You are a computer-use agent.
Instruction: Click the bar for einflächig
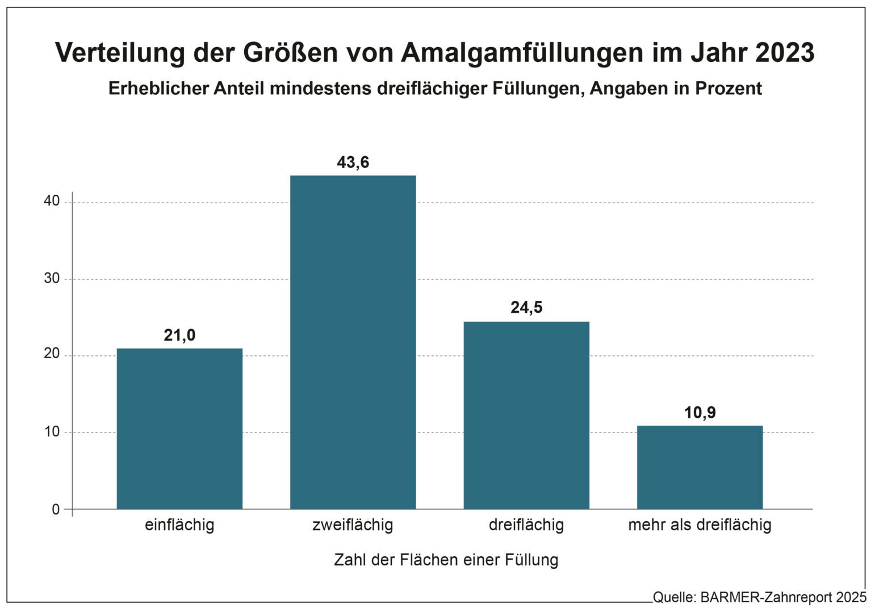click(179, 429)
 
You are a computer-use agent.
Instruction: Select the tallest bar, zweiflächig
click(353, 342)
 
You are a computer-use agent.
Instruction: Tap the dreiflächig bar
click(526, 415)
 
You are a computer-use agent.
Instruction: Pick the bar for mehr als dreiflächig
click(700, 467)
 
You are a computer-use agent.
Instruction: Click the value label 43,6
click(353, 163)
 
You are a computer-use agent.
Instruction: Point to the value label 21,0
click(179, 335)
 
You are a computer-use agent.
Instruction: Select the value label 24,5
click(526, 308)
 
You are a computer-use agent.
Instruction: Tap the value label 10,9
click(700, 413)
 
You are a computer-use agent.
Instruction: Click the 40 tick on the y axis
click(52, 201)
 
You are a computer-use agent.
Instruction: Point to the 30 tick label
click(52, 278)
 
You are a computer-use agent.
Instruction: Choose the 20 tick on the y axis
click(52, 354)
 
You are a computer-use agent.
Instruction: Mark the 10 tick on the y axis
click(52, 431)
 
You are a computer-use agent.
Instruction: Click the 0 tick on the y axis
click(56, 509)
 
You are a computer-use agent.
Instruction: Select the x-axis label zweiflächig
click(353, 525)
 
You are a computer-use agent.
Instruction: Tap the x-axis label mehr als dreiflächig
click(700, 525)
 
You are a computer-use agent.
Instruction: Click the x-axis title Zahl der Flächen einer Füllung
click(446, 560)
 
